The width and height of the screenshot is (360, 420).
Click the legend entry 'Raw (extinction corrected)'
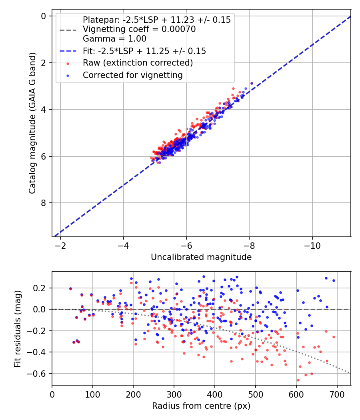tap(138, 63)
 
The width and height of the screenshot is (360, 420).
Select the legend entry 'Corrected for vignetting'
tap(132, 75)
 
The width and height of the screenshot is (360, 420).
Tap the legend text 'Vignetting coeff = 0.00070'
tap(139, 29)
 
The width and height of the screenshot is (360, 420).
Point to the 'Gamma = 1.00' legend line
tap(114, 39)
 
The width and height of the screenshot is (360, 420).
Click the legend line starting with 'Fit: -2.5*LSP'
tap(144, 51)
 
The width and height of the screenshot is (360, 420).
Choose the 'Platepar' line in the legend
tap(156, 20)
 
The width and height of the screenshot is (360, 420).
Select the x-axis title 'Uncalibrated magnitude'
tap(201, 257)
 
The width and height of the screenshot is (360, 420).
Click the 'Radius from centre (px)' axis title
tap(201, 406)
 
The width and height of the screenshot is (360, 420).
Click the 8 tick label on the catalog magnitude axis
tap(44, 203)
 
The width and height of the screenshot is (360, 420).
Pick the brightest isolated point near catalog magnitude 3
tap(252, 83)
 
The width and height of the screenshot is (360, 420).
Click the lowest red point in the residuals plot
tap(298, 380)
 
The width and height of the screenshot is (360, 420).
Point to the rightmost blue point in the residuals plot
tap(334, 280)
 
